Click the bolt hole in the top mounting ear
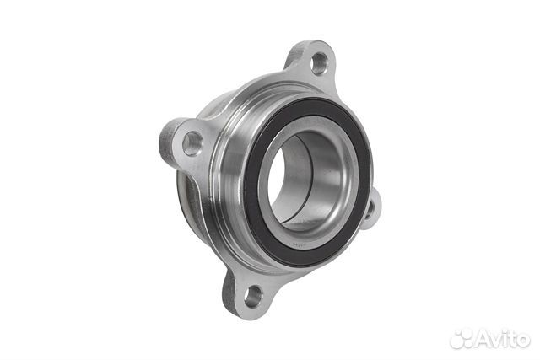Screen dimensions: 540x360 (x=319, y=64)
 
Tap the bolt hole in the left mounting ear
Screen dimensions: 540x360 (x=192, y=143)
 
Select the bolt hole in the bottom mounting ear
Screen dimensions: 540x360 (x=253, y=296)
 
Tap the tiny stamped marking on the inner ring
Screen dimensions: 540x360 (x=299, y=245)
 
